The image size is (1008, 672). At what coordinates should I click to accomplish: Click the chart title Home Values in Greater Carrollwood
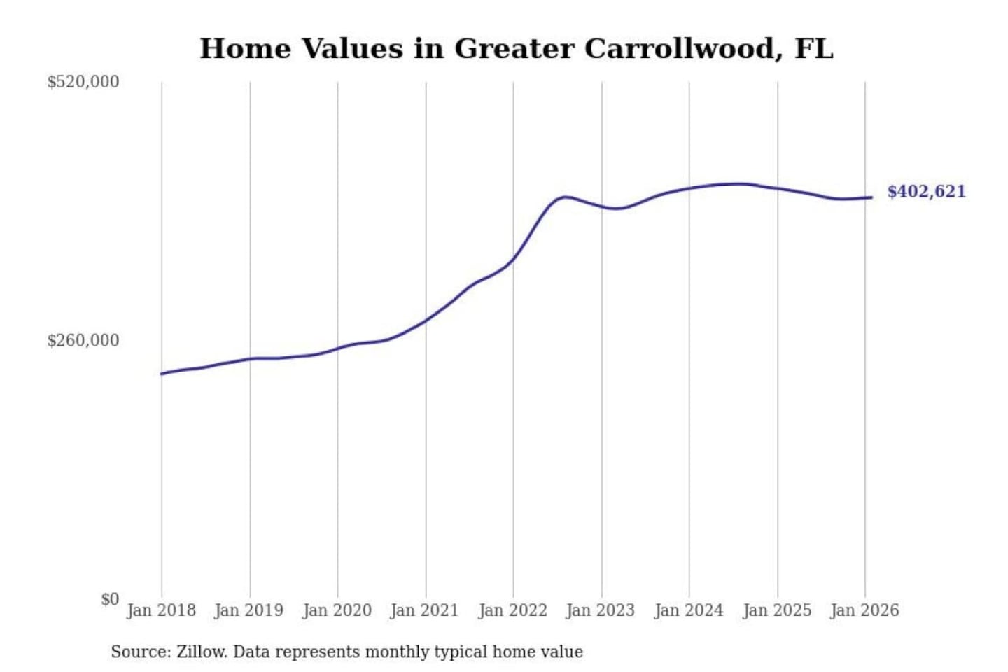516,49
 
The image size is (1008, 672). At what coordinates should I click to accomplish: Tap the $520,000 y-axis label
83,82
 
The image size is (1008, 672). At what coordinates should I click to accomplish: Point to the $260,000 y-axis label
83,341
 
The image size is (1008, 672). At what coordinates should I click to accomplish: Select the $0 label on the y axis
110,599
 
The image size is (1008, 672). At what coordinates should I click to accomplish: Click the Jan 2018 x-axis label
161,610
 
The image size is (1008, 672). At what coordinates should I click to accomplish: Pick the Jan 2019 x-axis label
249,610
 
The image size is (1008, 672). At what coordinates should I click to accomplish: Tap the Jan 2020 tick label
337,610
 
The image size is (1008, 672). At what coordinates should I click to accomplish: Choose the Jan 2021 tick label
424,610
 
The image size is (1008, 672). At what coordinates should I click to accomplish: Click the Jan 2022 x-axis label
512,610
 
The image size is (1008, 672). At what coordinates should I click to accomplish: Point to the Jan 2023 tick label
601,610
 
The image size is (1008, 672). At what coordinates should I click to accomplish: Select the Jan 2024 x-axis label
689,610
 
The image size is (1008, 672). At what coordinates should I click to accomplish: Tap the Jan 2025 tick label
777,610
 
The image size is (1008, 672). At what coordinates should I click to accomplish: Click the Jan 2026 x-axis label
864,610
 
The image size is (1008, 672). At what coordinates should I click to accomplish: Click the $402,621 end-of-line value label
926,192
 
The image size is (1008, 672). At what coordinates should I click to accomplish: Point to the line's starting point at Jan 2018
162,374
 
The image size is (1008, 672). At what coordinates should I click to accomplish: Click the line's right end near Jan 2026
871,197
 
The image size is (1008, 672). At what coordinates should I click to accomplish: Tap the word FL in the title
814,49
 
